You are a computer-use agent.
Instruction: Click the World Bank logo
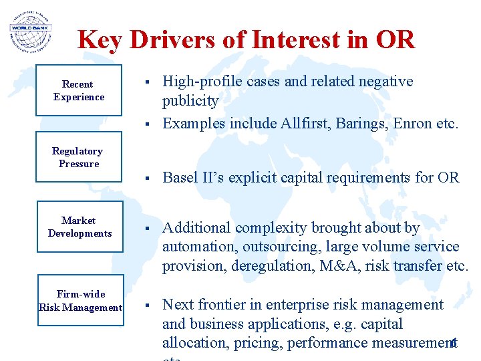coord(30,31)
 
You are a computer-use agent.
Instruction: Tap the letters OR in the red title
coord(395,40)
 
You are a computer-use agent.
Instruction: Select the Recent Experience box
coord(79,90)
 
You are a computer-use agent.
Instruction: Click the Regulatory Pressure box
coord(79,158)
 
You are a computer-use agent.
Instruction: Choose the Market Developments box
coord(79,227)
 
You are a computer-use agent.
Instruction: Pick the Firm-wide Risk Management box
coord(81,301)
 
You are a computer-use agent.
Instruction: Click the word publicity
coord(190,101)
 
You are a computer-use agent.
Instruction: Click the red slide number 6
coord(453,343)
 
